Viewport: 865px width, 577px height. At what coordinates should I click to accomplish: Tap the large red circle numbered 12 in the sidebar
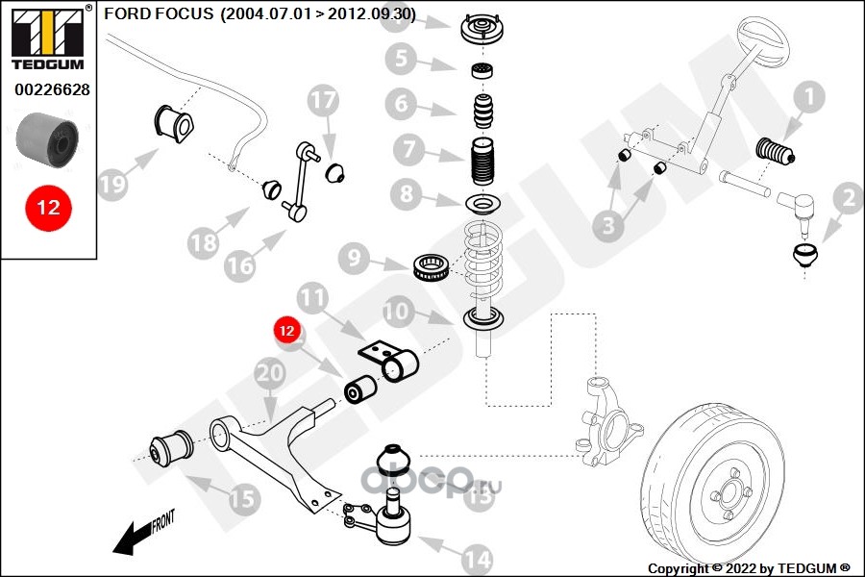(48, 207)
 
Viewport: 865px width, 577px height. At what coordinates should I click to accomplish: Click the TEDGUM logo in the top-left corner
(48, 39)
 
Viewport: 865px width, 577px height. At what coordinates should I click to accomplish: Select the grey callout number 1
(809, 96)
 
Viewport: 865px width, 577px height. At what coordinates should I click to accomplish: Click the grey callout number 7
(408, 149)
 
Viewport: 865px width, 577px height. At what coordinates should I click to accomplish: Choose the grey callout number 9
(354, 257)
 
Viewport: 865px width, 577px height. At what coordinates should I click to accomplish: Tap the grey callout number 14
(475, 557)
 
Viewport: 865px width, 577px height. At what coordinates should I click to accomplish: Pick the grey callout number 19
(113, 184)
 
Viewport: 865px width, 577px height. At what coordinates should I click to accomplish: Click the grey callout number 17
(324, 100)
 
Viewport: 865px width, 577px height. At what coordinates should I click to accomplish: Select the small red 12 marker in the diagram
(285, 330)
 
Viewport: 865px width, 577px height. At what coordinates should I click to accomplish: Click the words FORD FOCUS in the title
(159, 13)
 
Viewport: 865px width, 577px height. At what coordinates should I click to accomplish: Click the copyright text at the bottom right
(749, 568)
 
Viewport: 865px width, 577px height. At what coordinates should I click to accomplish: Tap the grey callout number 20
(270, 373)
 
